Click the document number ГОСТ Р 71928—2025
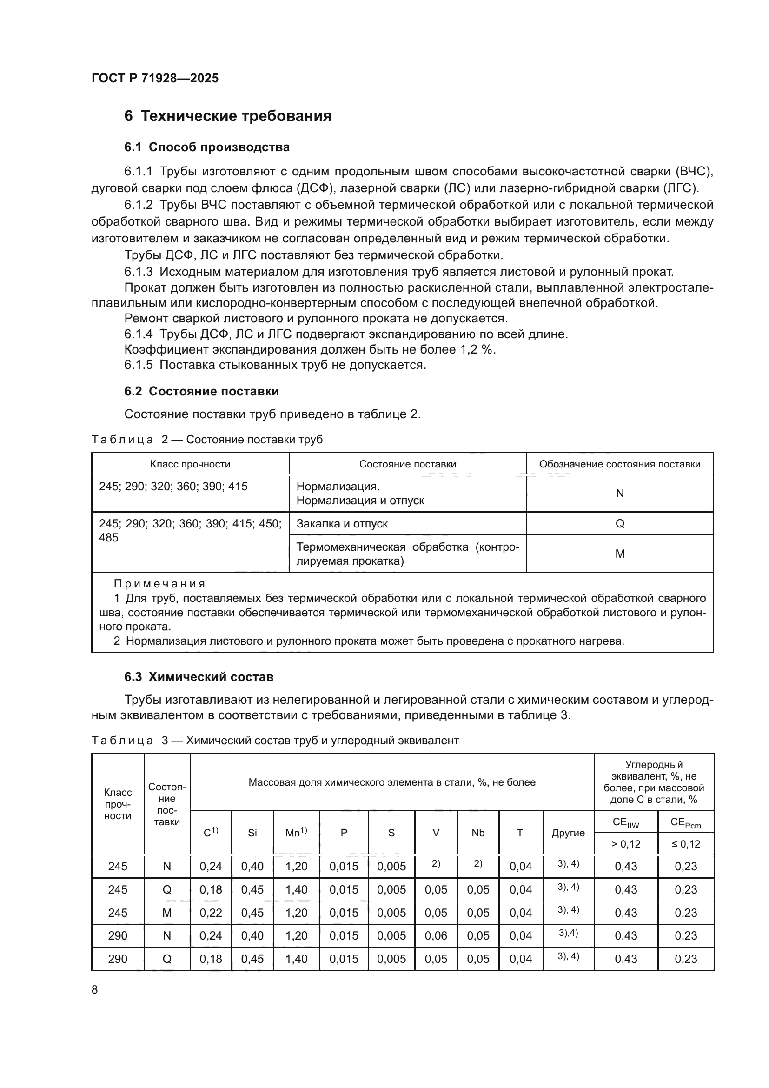(x=155, y=78)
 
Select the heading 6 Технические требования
(x=228, y=116)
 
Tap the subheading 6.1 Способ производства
(x=207, y=147)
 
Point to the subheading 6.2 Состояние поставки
(x=201, y=391)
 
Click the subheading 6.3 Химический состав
(x=199, y=677)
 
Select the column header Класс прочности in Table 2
(x=190, y=464)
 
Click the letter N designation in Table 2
(x=619, y=494)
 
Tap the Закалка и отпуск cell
(x=342, y=524)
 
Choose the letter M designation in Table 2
(x=619, y=554)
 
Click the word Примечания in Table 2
(x=159, y=584)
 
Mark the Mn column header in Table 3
(x=296, y=833)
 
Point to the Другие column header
(x=568, y=833)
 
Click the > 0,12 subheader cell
(x=625, y=844)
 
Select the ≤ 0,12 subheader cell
(x=686, y=844)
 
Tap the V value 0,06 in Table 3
(x=436, y=936)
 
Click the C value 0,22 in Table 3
(x=211, y=913)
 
